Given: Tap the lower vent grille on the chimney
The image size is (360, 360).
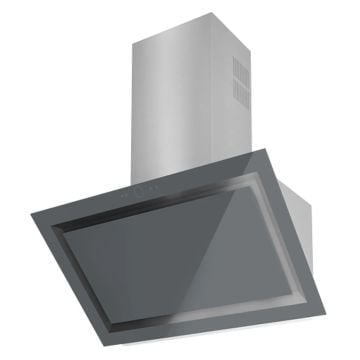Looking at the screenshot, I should coord(241,91).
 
